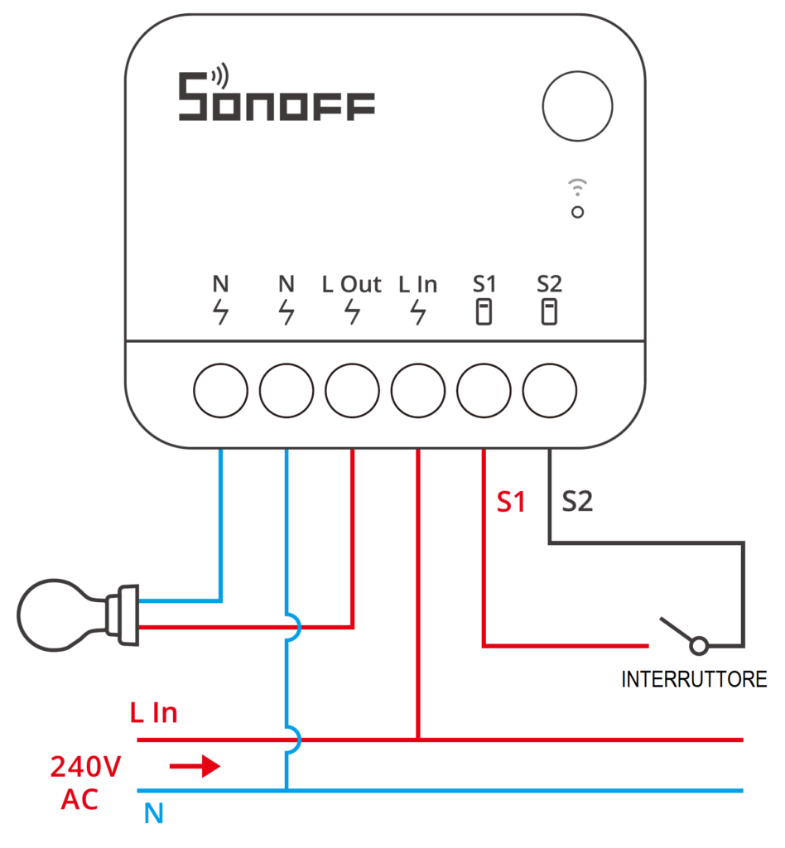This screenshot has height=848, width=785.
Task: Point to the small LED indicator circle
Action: click(x=577, y=212)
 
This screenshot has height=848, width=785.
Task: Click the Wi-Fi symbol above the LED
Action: click(x=577, y=186)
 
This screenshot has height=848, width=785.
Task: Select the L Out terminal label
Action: click(x=352, y=285)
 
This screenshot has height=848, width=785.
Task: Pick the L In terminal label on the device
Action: click(x=418, y=285)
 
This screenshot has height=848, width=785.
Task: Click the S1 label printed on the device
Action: click(x=484, y=284)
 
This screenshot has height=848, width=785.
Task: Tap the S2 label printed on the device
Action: click(x=549, y=284)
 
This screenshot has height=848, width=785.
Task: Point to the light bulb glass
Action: click(x=54, y=615)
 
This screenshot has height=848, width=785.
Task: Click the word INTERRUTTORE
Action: click(x=694, y=679)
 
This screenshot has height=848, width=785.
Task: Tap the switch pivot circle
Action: click(x=699, y=645)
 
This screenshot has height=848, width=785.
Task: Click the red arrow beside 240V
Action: click(x=195, y=766)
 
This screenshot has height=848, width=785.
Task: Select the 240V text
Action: click(x=86, y=767)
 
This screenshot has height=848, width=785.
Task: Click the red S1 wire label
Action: click(x=511, y=502)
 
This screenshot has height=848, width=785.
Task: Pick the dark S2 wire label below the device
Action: click(x=577, y=501)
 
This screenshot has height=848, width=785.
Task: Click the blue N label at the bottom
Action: click(x=154, y=813)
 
